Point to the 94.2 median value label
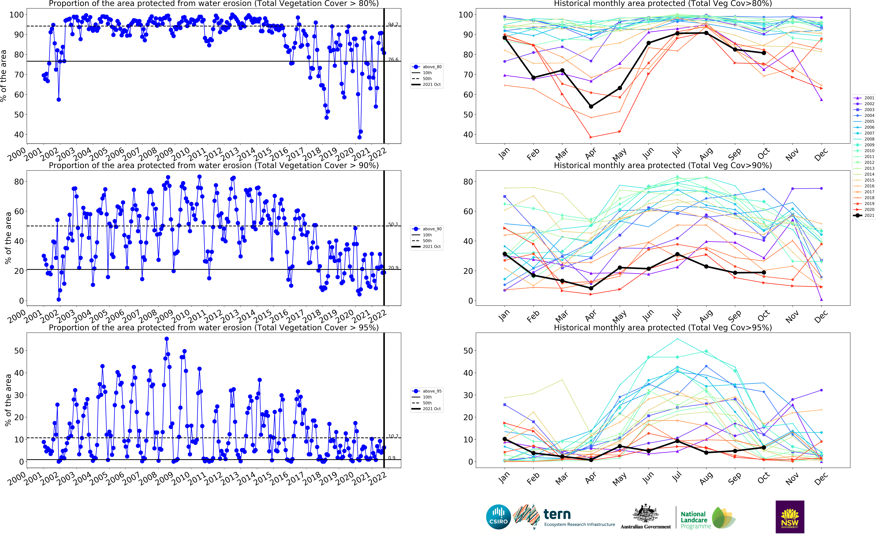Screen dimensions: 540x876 click(393, 24)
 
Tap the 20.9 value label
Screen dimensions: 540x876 click(393, 268)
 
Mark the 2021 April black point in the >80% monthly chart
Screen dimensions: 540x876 click(591, 106)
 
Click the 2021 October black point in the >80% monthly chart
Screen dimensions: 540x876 click(764, 53)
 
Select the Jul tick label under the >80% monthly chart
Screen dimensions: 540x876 click(677, 153)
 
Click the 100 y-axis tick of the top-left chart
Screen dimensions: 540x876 click(16, 15)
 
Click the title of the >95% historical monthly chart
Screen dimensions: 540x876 click(663, 327)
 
